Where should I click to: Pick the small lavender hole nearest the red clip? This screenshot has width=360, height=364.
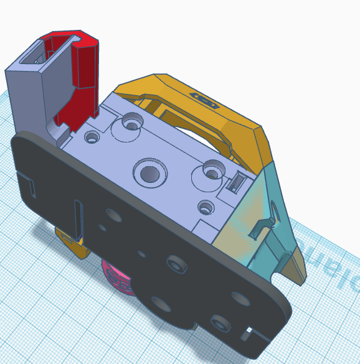[x=93, y=135]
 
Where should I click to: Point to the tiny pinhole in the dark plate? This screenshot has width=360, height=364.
[x=142, y=253]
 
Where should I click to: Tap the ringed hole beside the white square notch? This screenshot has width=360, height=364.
[x=219, y=322]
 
